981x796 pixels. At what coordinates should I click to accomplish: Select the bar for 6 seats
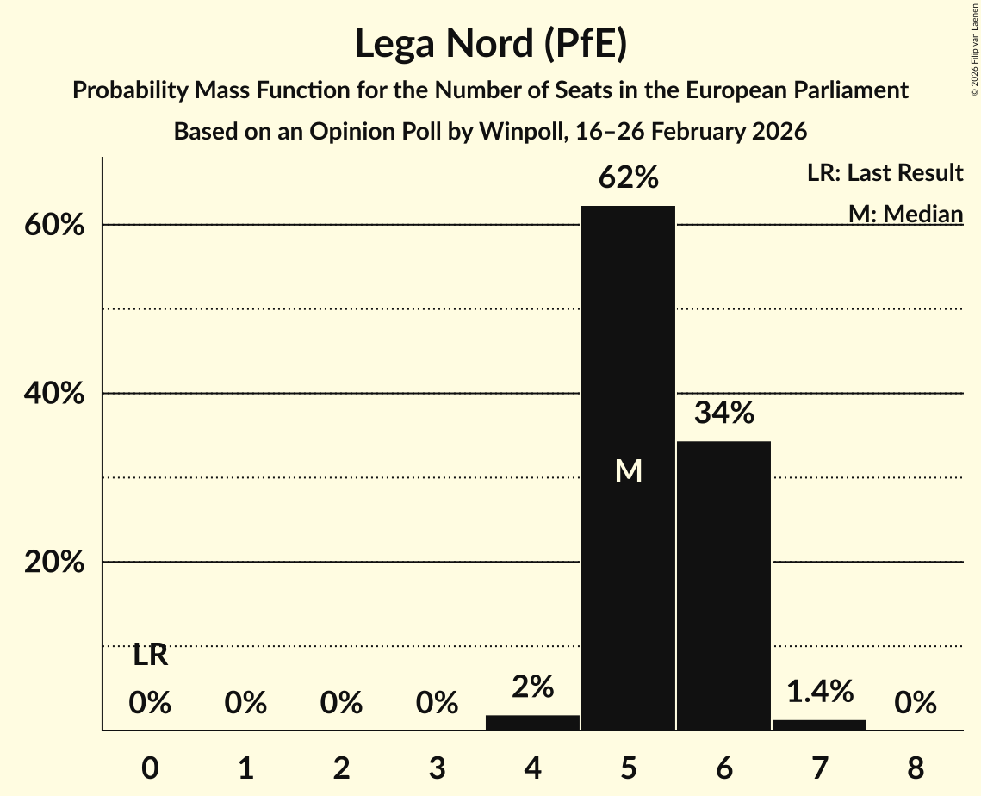(723, 586)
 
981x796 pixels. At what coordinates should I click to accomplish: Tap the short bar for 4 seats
(532, 723)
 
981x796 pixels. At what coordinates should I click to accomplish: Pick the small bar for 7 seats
(819, 724)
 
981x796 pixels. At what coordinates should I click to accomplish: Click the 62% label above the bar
(629, 178)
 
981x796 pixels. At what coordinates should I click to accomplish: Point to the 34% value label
(724, 414)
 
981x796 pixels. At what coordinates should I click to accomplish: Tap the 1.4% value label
(819, 691)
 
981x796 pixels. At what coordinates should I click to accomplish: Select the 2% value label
(532, 687)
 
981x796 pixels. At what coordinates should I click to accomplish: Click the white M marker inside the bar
(629, 470)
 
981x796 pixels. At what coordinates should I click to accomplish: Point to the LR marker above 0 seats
(150, 656)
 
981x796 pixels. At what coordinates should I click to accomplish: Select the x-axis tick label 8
(915, 765)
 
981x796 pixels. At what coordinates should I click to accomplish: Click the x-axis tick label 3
(437, 765)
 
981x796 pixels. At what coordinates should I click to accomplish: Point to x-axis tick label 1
(245, 765)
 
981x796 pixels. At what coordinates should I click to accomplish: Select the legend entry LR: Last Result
(885, 173)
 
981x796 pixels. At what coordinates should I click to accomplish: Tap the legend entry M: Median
(905, 214)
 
